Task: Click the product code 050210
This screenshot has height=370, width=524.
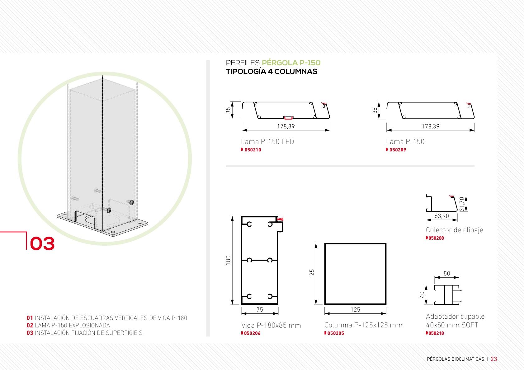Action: tap(253, 150)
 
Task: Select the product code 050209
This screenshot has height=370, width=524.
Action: tap(398, 150)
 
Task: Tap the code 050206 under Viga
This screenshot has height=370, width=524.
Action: tap(252, 333)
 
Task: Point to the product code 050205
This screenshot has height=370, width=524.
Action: tap(336, 333)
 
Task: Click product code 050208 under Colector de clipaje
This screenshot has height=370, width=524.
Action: tap(436, 238)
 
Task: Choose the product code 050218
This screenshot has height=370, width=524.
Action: tap(436, 333)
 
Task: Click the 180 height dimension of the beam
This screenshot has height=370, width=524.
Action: tap(228, 260)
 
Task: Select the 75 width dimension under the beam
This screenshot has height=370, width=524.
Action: tap(260, 309)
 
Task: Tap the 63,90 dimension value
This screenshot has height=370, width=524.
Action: tap(442, 216)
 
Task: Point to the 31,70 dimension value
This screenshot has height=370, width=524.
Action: tap(462, 204)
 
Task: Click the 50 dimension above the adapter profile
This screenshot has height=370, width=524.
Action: tap(447, 273)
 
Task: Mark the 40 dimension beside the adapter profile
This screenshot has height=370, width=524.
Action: tap(422, 295)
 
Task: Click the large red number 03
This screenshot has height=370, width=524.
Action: tap(42, 243)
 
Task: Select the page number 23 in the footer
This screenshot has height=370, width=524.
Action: tap(494, 359)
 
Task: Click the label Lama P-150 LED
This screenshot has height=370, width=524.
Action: tap(267, 141)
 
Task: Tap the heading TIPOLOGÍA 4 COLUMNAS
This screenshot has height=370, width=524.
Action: tap(271, 72)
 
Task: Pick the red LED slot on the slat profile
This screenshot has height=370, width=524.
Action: tap(288, 118)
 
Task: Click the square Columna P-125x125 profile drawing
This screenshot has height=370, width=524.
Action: tap(325, 274)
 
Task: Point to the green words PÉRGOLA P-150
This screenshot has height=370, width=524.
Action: tap(291, 62)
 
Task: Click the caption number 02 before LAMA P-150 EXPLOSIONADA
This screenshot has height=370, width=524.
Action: tap(30, 326)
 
